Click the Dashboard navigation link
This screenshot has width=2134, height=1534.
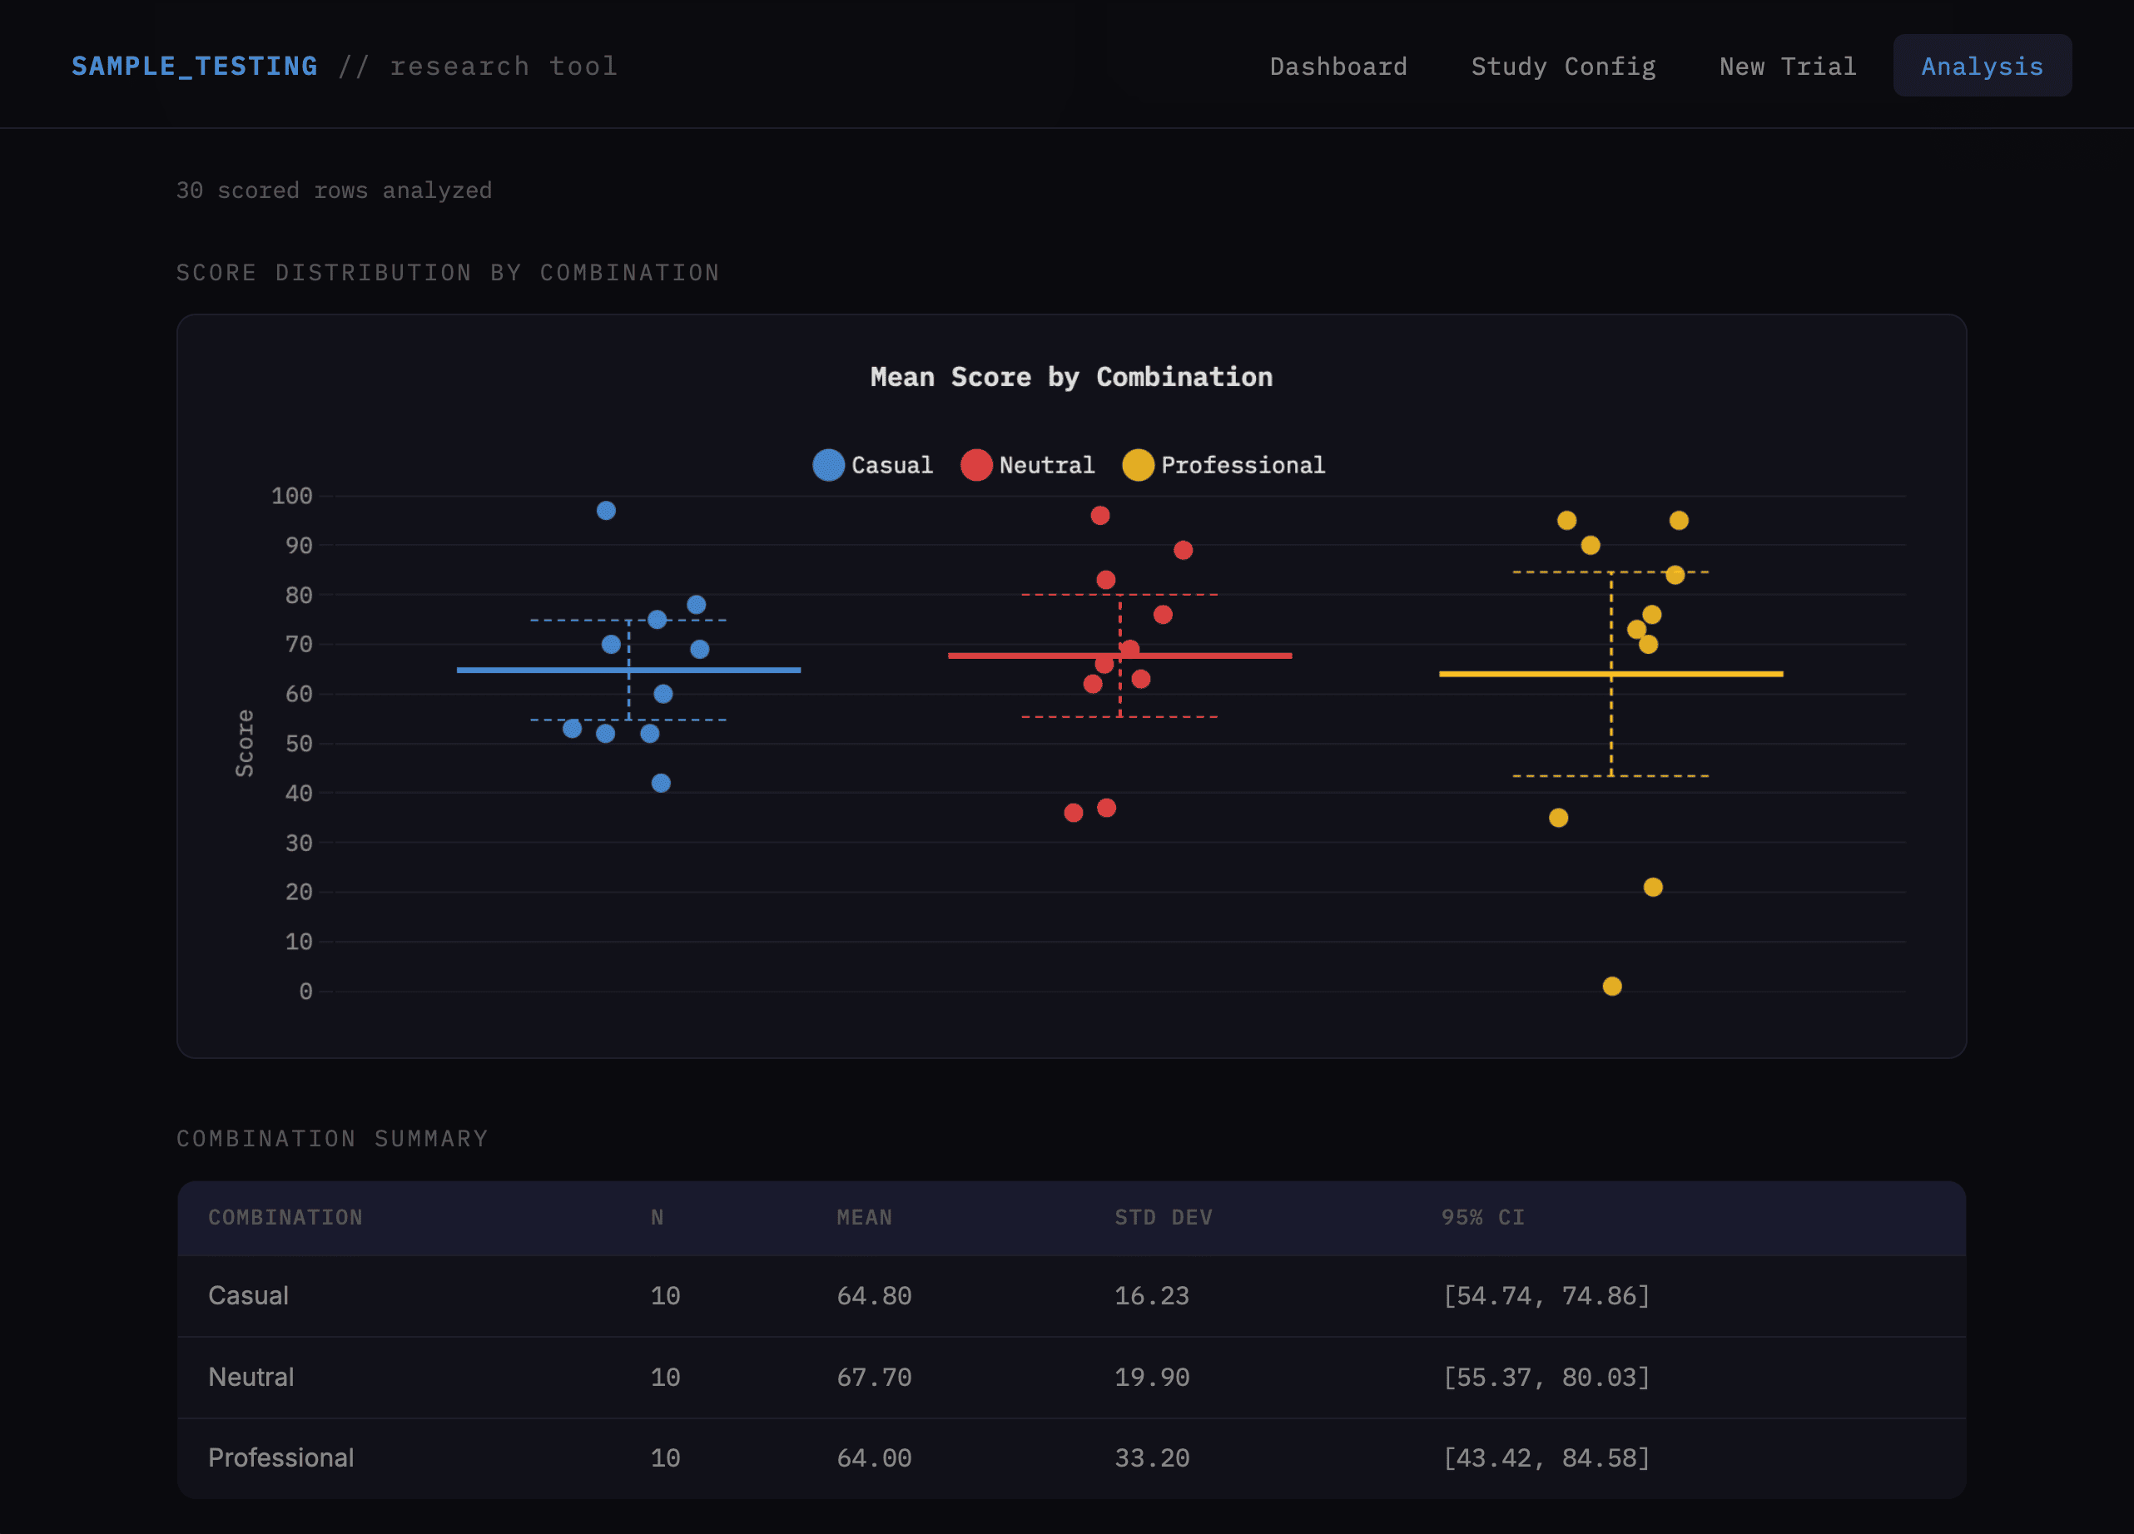point(1338,67)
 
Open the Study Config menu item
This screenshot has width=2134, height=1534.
point(1563,67)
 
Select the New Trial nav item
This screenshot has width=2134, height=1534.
point(1787,67)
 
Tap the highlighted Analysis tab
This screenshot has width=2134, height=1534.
point(1982,67)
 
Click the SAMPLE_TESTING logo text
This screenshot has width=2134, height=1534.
point(195,67)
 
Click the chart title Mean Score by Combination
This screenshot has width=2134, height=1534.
point(1071,377)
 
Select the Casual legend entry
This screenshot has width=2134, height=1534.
point(872,465)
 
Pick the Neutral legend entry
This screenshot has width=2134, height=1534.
point(1028,465)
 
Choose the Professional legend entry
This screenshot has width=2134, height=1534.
point(1223,465)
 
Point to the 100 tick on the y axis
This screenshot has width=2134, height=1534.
point(291,496)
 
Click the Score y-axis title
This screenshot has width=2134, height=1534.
point(245,743)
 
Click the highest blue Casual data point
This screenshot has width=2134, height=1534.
point(606,511)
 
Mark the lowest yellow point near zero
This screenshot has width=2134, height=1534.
point(1612,986)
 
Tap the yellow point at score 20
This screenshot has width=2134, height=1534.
point(1652,887)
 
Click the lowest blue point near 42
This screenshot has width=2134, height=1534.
point(661,783)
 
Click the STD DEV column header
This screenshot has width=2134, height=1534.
point(1163,1217)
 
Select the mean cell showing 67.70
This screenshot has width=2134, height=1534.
point(873,1377)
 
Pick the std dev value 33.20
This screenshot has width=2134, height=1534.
point(1152,1457)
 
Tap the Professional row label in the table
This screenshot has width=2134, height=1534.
point(280,1457)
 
